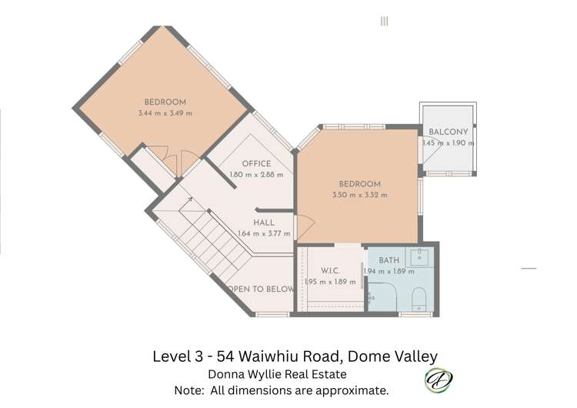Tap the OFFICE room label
[256, 164]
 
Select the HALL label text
[264, 223]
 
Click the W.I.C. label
[331, 271]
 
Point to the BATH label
[389, 261]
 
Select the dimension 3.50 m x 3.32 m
[360, 195]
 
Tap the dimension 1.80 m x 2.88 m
[256, 175]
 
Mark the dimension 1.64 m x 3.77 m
[264, 234]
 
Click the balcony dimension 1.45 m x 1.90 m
[448, 142]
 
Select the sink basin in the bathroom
[420, 257]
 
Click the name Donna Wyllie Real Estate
[277, 374]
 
